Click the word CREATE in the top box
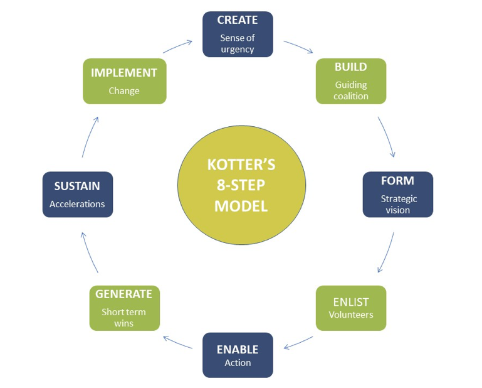(x=238, y=20)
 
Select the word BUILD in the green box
(x=351, y=67)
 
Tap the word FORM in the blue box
(x=397, y=181)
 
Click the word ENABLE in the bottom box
(x=238, y=349)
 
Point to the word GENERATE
(x=124, y=294)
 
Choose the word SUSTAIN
(x=77, y=186)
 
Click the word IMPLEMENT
(x=124, y=73)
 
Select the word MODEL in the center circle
(x=241, y=206)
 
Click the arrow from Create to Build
(x=298, y=48)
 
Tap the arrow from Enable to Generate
(x=177, y=342)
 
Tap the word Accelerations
(x=77, y=204)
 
